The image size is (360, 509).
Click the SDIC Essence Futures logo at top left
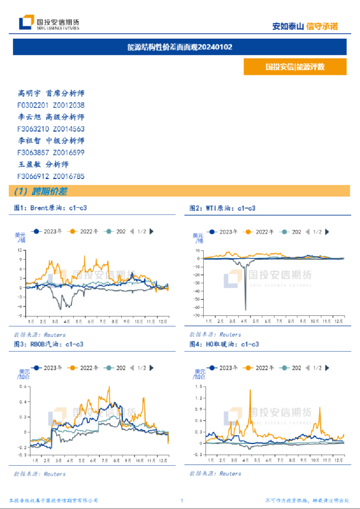(x=49, y=23)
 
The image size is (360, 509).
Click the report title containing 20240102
(x=180, y=47)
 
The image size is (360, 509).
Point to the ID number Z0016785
(x=68, y=176)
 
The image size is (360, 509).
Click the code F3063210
(x=33, y=129)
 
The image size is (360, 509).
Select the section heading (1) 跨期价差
(x=40, y=191)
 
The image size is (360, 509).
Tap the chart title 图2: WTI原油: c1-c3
(x=222, y=208)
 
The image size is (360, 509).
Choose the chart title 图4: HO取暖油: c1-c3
(x=224, y=345)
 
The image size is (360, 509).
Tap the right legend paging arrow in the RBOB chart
(x=152, y=368)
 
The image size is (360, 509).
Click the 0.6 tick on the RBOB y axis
(x=23, y=386)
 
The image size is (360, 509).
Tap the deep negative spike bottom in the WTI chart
(x=245, y=309)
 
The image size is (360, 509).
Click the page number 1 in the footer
(x=182, y=501)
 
